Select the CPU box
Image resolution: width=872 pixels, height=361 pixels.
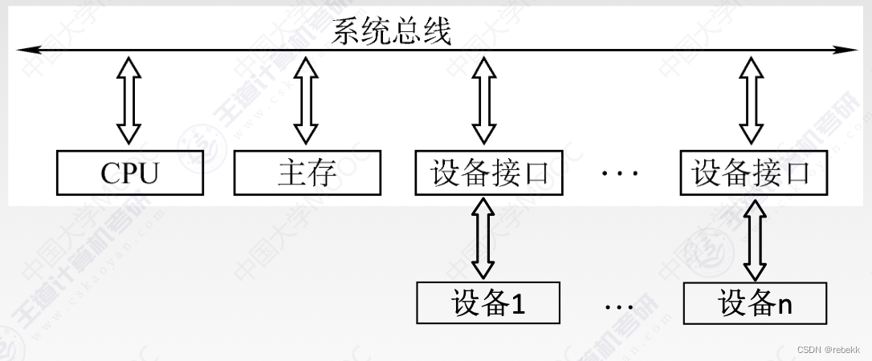(130, 172)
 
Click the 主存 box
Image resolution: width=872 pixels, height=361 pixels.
(307, 172)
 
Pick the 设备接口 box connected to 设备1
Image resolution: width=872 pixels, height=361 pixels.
(489, 172)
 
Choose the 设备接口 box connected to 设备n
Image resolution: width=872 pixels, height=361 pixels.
(753, 172)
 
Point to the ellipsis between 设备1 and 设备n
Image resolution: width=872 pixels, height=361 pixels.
(618, 306)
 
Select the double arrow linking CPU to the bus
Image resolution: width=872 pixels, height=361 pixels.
(128, 100)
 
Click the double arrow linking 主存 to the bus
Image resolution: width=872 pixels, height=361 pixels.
(306, 100)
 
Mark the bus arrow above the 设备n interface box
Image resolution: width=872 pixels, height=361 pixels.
(752, 100)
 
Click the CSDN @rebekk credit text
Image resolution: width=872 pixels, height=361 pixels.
(828, 350)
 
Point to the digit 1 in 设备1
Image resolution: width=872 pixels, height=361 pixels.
(518, 304)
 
